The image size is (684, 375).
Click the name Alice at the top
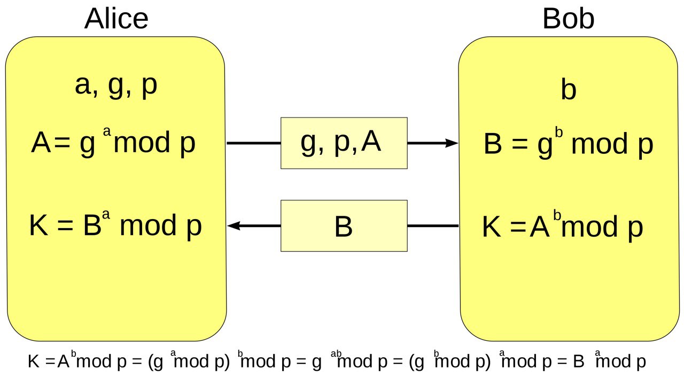[116, 19]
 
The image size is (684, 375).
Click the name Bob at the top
[568, 19]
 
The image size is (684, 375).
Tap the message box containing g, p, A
[344, 143]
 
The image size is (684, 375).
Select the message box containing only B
[344, 225]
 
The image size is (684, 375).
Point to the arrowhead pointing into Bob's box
[452, 143]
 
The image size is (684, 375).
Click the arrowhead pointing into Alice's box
[234, 225]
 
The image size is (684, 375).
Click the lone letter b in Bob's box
[569, 89]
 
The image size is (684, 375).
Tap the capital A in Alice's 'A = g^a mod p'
[41, 142]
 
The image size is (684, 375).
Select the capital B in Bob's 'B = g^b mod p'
[493, 143]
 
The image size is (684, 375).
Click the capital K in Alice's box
[39, 225]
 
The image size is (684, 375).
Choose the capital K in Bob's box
[492, 226]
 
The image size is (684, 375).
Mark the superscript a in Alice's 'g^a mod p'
[107, 131]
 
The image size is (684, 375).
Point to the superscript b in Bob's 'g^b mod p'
[559, 132]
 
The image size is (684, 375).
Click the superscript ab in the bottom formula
[336, 354]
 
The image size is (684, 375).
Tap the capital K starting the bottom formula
[34, 361]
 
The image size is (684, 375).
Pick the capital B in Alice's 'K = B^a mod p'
[92, 225]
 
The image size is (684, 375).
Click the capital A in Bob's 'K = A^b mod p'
[540, 226]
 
